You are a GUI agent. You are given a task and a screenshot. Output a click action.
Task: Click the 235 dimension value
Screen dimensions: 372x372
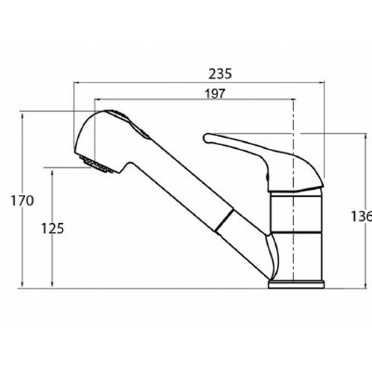point(220,74)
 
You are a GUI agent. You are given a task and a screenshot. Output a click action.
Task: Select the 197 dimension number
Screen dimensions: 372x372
point(215,94)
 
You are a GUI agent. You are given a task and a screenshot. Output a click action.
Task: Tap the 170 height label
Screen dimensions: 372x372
point(22,200)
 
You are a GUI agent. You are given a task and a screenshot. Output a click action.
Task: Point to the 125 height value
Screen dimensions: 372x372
point(53,228)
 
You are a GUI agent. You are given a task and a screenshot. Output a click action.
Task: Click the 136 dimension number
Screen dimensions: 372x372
point(361,216)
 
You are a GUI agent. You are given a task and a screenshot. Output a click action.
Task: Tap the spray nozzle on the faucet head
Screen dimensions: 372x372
point(96,164)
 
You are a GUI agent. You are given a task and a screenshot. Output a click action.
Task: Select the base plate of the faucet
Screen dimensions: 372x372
point(296,285)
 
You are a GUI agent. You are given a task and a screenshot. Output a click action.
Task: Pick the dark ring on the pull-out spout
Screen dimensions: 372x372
point(224,220)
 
